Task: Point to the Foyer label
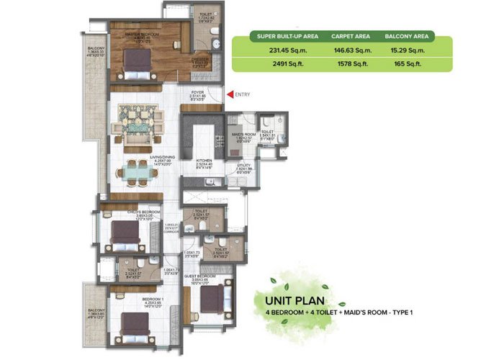pyautogui.click(x=197, y=91)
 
